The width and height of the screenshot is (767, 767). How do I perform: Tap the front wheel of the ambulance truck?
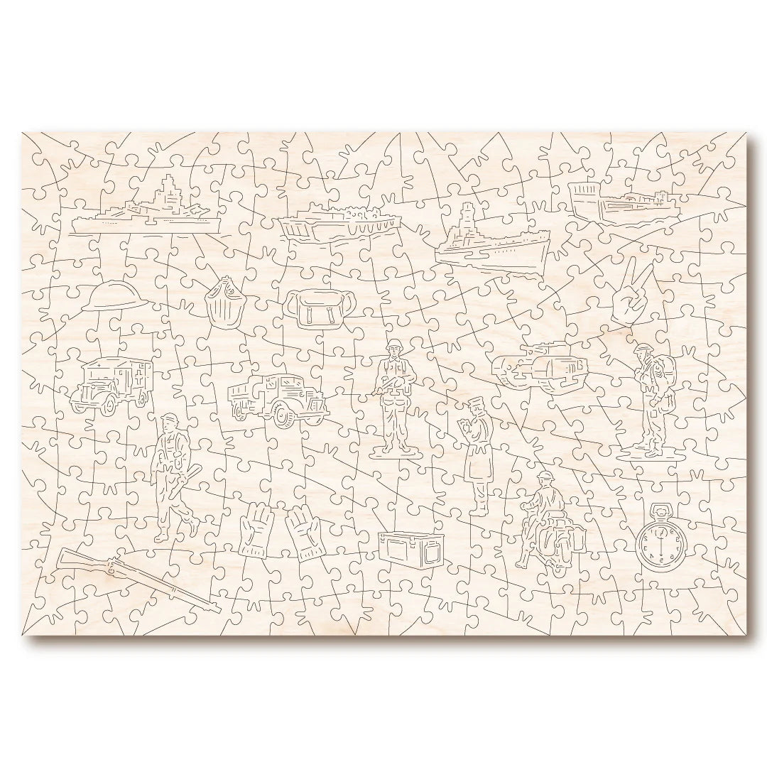click(109, 403)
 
